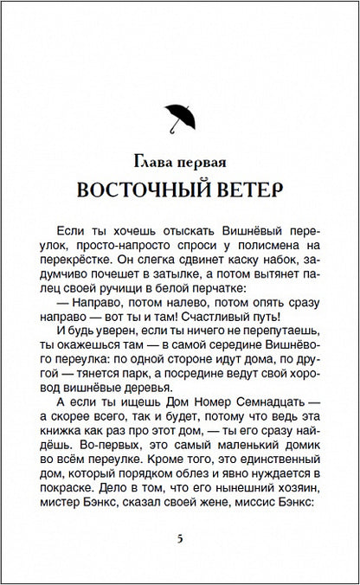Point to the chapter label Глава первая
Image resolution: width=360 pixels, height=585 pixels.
180,162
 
